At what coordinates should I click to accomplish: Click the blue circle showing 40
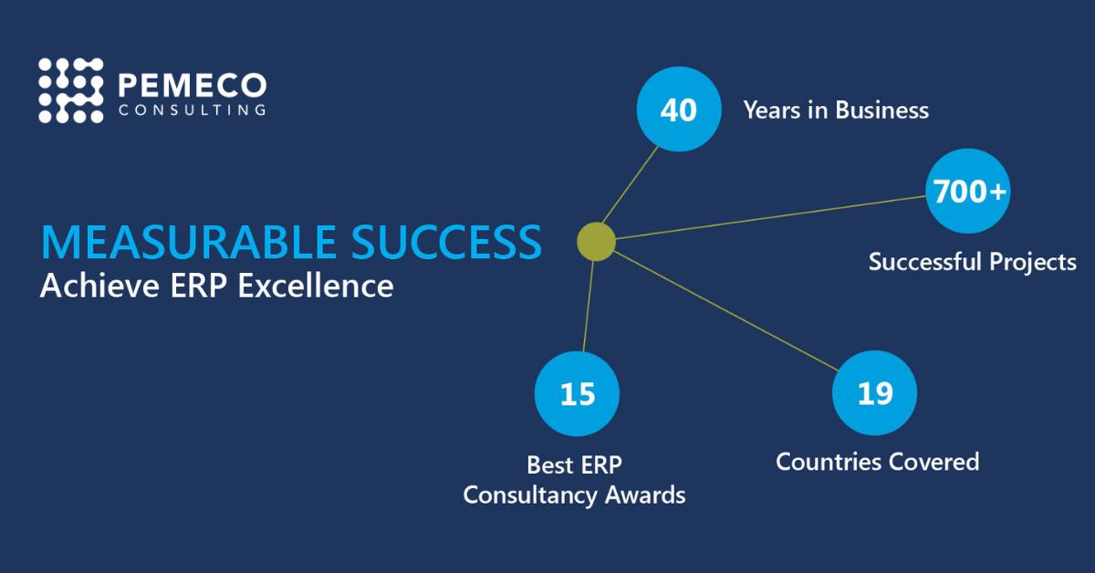pyautogui.click(x=678, y=110)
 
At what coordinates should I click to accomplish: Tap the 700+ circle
pyautogui.click(x=967, y=192)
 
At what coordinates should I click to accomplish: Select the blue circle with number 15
pyautogui.click(x=577, y=394)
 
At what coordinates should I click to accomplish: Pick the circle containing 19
pyautogui.click(x=874, y=393)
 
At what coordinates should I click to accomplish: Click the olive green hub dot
pyautogui.click(x=596, y=242)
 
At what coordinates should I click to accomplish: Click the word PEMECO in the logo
pyautogui.click(x=193, y=86)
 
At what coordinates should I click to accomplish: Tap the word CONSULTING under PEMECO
pyautogui.click(x=193, y=110)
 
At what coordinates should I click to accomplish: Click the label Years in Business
pyautogui.click(x=836, y=111)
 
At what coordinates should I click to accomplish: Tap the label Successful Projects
pyautogui.click(x=972, y=263)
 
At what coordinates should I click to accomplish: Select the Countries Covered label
pyautogui.click(x=877, y=462)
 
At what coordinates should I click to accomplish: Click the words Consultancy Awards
pyautogui.click(x=574, y=495)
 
